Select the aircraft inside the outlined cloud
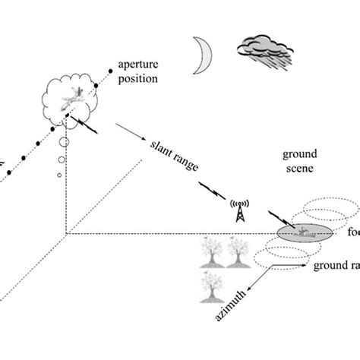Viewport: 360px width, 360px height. (76, 94)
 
